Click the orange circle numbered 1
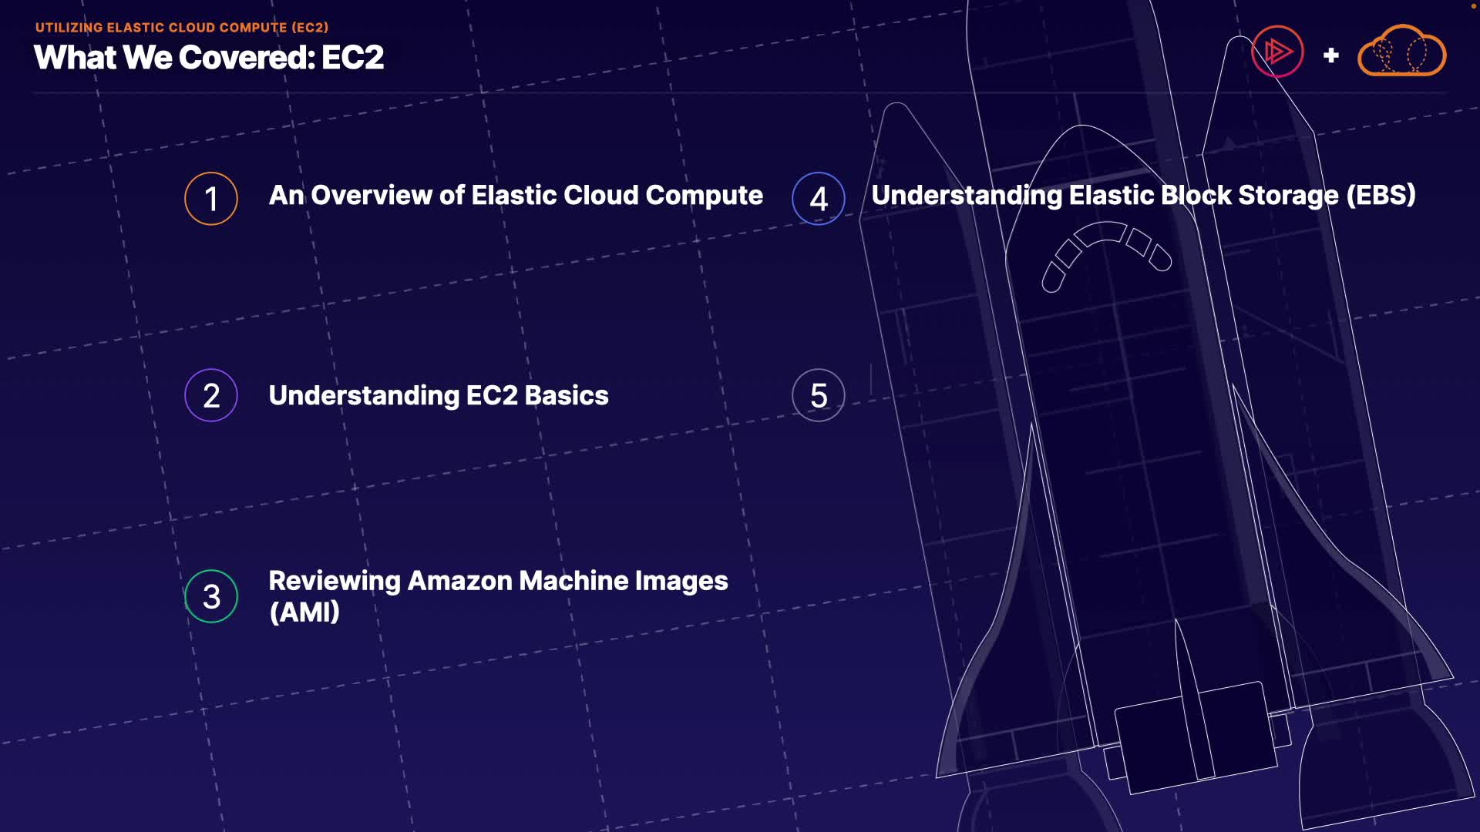[210, 199]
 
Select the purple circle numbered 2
[210, 396]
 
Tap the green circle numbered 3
[211, 596]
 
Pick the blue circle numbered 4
[818, 199]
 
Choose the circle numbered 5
[818, 396]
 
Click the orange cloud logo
[1401, 52]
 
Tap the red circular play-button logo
[1277, 52]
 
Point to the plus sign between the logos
[1330, 55]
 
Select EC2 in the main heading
[352, 58]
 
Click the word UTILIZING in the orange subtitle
[69, 28]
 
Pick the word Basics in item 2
[567, 396]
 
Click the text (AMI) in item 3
[304, 612]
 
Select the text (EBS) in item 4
[1381, 196]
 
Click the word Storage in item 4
[1288, 196]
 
